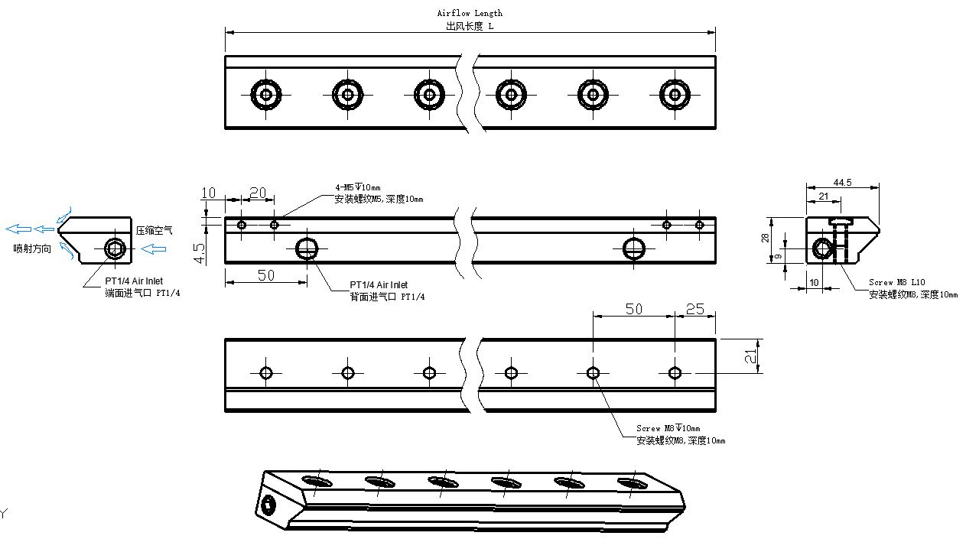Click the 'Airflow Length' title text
point(470,13)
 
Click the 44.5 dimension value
point(842,183)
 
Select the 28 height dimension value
point(765,238)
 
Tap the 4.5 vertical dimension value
point(199,253)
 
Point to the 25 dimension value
point(694,309)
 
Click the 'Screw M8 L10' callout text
point(897,282)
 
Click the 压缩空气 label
point(154,230)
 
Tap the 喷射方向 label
point(32,248)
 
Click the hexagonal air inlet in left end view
point(115,248)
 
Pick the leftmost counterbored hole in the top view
point(266,95)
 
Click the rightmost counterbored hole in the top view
point(675,95)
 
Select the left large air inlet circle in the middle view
point(307,248)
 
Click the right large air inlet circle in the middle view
point(634,248)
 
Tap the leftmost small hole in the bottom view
point(266,373)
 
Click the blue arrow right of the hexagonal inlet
point(154,248)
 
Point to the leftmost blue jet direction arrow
point(18,229)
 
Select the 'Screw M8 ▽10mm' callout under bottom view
point(668,428)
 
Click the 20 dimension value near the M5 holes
point(258,193)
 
